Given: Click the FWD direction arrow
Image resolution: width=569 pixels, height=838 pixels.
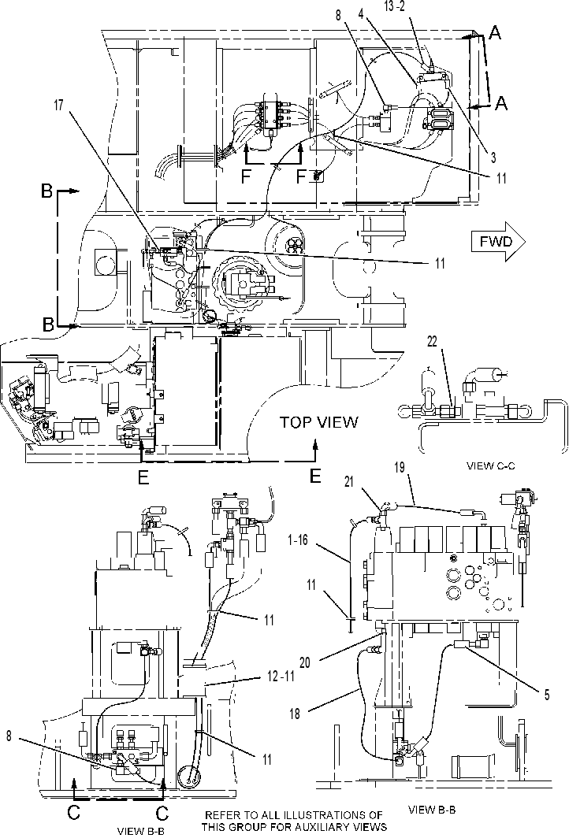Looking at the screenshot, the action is click(498, 242).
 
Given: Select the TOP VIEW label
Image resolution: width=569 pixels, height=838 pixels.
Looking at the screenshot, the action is click(319, 422).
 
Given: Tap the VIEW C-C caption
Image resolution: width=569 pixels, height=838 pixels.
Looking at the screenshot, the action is click(491, 465).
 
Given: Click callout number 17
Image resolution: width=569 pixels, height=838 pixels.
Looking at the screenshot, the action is click(58, 106).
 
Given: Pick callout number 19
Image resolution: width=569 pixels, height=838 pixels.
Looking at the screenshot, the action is click(400, 467).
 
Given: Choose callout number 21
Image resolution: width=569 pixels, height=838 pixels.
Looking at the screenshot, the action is click(350, 482).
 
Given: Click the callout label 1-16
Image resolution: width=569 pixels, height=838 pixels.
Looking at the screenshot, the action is click(297, 540).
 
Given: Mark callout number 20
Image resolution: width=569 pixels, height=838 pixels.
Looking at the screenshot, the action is click(305, 662).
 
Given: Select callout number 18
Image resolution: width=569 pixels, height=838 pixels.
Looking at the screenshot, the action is click(295, 713).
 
